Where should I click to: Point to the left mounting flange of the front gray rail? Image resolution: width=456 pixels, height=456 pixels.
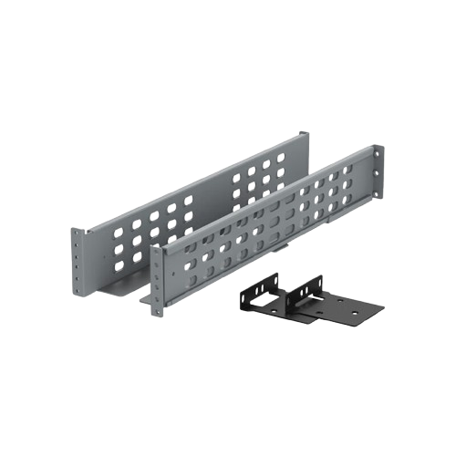click(x=157, y=278)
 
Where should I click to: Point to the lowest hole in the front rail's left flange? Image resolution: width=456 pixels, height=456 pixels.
click(x=157, y=306)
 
